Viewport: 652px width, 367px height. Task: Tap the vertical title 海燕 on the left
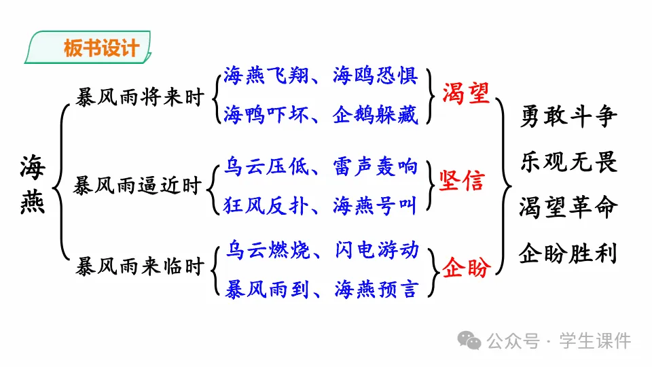coord(33,184)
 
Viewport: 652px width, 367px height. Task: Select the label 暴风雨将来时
coord(141,98)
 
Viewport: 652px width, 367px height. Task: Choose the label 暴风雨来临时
coord(141,266)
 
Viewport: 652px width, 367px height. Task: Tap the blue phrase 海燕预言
coord(376,288)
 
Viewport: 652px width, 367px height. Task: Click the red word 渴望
coord(466,93)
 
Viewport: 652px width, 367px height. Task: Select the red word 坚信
coord(462,182)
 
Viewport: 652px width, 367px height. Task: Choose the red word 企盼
coord(467,268)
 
